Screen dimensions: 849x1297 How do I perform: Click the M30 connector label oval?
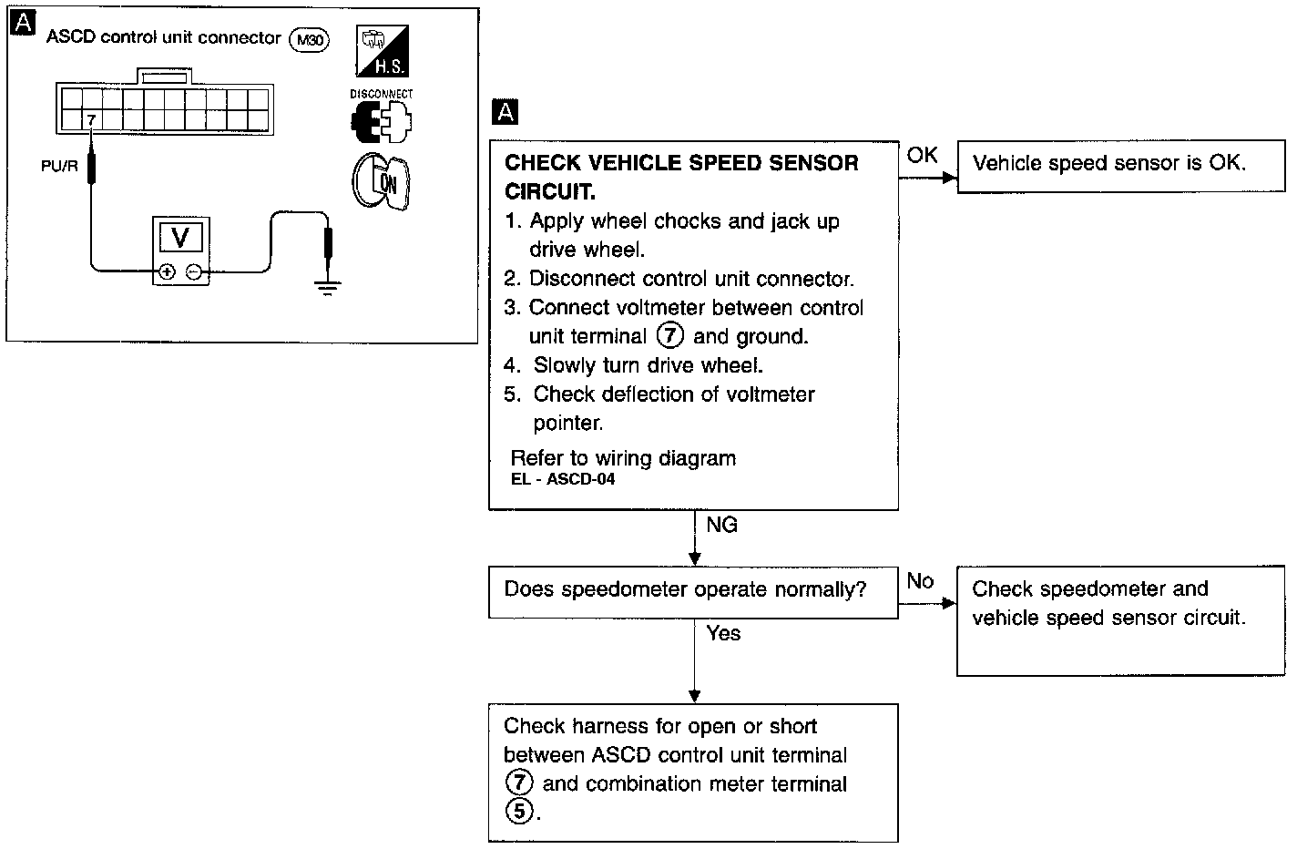pyautogui.click(x=309, y=39)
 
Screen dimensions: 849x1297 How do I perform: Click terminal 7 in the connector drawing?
pyautogui.click(x=91, y=119)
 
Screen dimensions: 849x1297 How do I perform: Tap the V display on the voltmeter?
pyautogui.click(x=180, y=238)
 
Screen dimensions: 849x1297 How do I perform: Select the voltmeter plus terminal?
pyautogui.click(x=167, y=271)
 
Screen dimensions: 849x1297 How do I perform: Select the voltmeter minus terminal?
pyautogui.click(x=193, y=271)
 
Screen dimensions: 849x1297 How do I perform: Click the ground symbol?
pyautogui.click(x=328, y=287)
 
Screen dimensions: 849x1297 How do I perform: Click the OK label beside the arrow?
pyautogui.click(x=922, y=156)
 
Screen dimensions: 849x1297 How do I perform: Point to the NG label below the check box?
pyautogui.click(x=721, y=525)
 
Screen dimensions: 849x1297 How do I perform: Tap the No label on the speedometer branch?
pyautogui.click(x=920, y=581)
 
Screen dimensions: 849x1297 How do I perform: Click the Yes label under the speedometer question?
pyautogui.click(x=723, y=633)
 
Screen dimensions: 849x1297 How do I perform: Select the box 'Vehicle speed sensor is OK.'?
pyautogui.click(x=1108, y=165)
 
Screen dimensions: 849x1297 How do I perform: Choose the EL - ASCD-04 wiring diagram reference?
pyautogui.click(x=562, y=479)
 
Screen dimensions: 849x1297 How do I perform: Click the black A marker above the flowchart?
pyautogui.click(x=504, y=112)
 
